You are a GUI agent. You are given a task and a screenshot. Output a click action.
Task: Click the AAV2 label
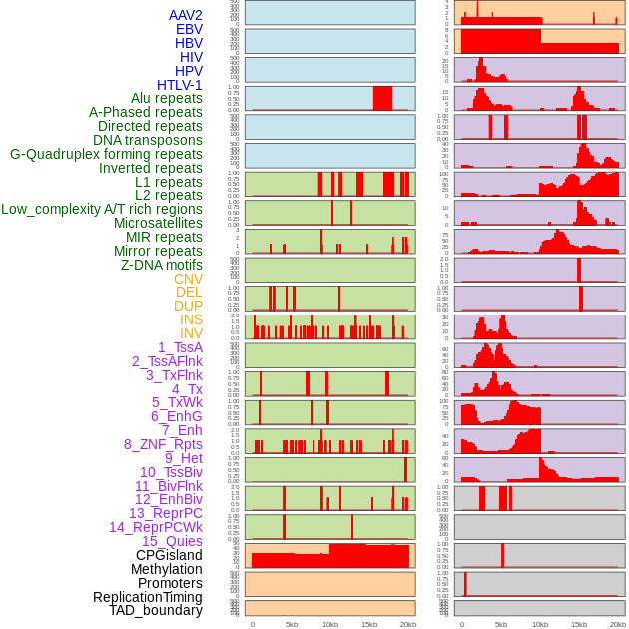[185, 15]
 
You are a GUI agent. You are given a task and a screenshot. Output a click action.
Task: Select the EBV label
[189, 29]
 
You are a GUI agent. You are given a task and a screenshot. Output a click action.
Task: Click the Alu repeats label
[167, 98]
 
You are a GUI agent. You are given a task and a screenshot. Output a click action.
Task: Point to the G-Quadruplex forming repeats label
[106, 154]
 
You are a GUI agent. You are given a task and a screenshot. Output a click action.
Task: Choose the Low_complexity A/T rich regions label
[102, 209]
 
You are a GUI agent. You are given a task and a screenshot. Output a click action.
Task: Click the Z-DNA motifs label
[162, 265]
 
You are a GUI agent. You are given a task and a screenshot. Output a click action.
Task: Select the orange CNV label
[188, 279]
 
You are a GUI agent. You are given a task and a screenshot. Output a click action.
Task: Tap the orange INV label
[191, 333]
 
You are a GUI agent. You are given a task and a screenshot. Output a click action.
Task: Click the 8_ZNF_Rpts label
[163, 444]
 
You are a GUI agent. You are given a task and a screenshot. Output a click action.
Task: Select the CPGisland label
[169, 555]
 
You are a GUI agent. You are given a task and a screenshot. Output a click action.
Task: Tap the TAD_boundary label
[156, 610]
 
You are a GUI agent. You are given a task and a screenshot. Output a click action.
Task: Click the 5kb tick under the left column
[292, 624]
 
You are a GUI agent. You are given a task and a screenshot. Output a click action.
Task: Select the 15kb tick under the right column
[579, 624]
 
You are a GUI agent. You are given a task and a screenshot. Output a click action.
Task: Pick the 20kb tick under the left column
[408, 624]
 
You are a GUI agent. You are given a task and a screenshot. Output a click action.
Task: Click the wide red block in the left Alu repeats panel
[382, 98]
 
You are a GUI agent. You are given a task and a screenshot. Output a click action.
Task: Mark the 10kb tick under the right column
[540, 624]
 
